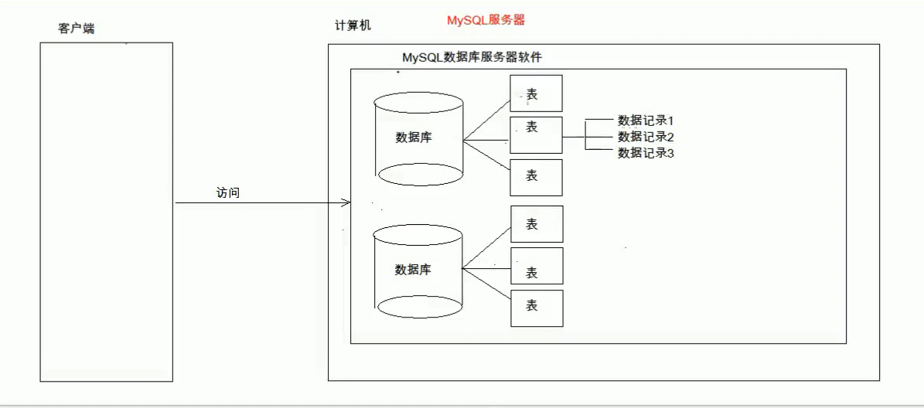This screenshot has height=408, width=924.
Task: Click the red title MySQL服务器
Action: pyautogui.click(x=486, y=20)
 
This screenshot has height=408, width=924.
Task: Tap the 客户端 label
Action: pyautogui.click(x=77, y=29)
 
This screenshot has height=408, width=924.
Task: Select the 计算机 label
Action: pyautogui.click(x=353, y=25)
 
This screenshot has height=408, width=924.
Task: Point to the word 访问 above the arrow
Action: pyautogui.click(x=228, y=192)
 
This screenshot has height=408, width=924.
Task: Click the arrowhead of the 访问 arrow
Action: pyautogui.click(x=346, y=203)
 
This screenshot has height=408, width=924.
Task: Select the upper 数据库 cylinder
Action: pyautogui.click(x=418, y=139)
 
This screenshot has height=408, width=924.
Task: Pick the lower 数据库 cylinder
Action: pyautogui.click(x=418, y=270)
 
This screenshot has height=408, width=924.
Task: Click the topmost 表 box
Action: pyautogui.click(x=536, y=93)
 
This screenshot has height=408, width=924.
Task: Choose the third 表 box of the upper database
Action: pyautogui.click(x=536, y=177)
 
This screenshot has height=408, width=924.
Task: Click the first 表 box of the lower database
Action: pyautogui.click(x=536, y=224)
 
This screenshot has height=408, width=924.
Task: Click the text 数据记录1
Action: pyautogui.click(x=646, y=121)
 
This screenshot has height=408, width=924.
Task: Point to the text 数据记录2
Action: pyautogui.click(x=646, y=137)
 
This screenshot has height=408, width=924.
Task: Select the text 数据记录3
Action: pyautogui.click(x=646, y=153)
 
